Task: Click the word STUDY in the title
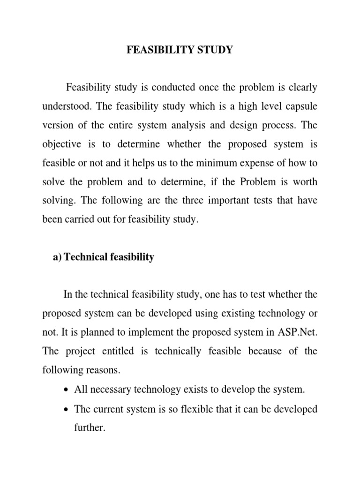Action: (211, 50)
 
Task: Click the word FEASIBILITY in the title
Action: (157, 50)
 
